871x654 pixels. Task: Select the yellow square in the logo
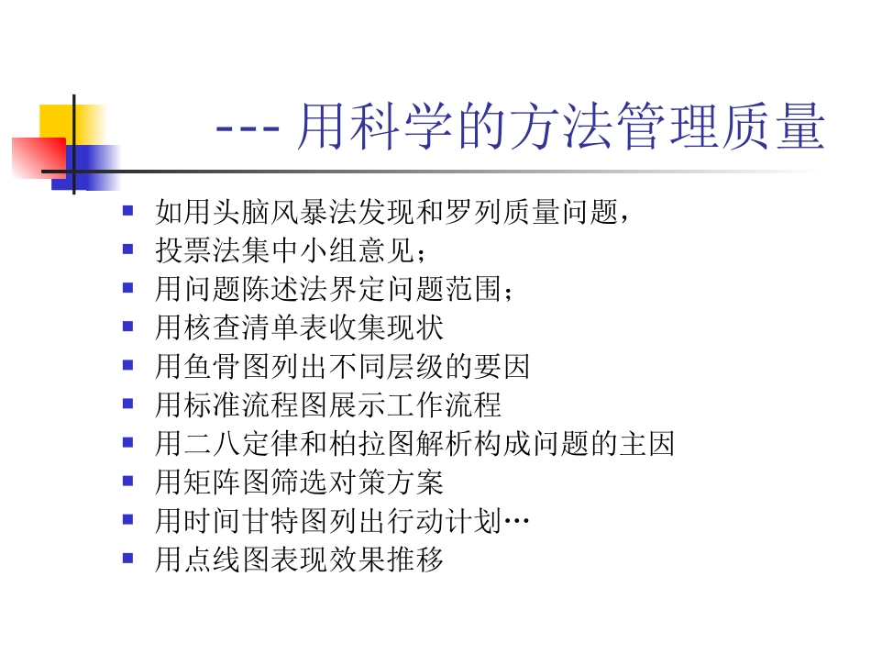click(x=57, y=121)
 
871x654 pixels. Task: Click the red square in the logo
click(x=38, y=157)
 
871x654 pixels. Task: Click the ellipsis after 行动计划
click(x=517, y=523)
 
